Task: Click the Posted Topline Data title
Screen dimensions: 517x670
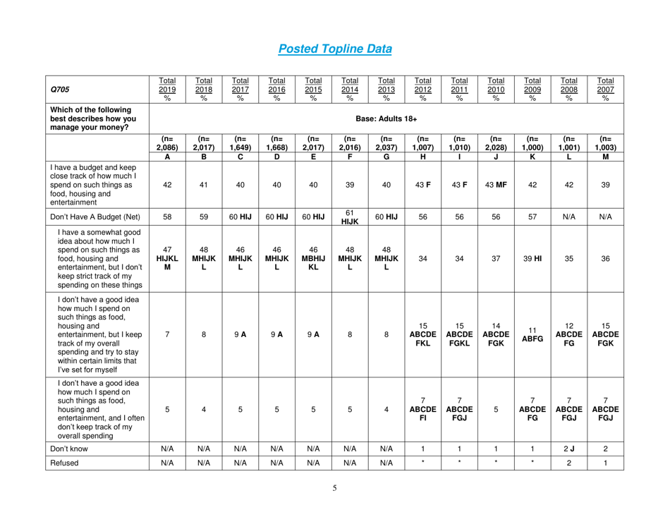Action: pyautogui.click(x=334, y=49)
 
